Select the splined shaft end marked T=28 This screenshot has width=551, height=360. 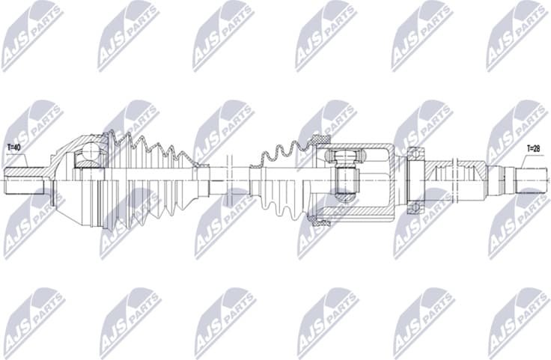[532, 180]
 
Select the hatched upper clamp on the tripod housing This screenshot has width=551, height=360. [321, 140]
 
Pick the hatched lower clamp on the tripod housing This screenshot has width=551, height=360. [321, 220]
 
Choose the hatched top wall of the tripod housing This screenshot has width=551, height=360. [359, 145]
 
